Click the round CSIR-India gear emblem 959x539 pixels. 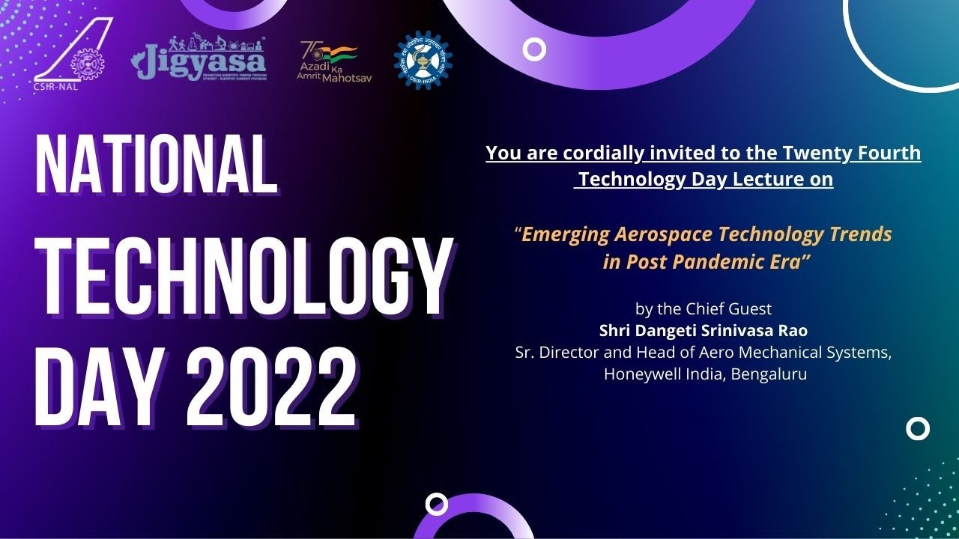pos(423,61)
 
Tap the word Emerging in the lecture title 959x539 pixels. pos(565,234)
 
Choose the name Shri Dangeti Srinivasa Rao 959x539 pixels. pos(703,330)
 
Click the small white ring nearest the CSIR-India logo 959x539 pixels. pos(534,50)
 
